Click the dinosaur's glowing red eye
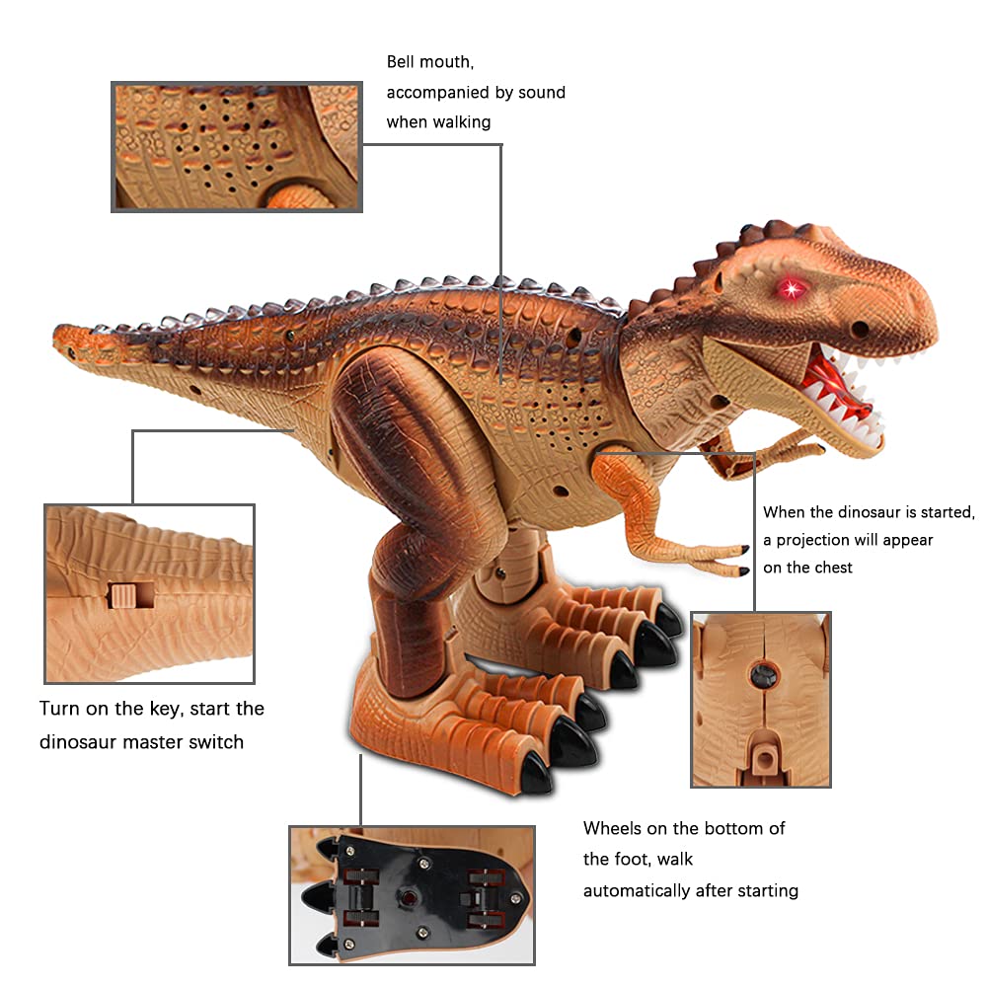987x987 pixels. point(790,288)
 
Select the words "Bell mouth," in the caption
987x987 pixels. point(430,62)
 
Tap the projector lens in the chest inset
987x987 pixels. point(761,677)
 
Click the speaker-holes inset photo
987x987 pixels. point(237,147)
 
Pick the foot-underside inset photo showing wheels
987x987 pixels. point(412,894)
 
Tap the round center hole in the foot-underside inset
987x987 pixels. point(406,897)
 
